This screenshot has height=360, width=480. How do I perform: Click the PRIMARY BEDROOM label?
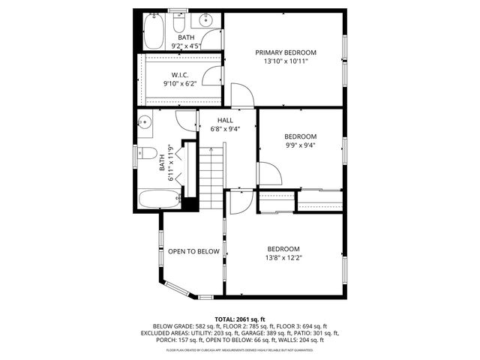(x=285, y=52)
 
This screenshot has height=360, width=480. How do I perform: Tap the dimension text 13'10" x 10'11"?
(x=285, y=61)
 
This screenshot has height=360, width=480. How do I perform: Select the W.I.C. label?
(x=179, y=74)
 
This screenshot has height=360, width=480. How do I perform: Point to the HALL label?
(x=225, y=120)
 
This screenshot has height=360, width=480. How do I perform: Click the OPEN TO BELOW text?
(x=193, y=252)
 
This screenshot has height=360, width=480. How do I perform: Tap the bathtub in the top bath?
(x=153, y=31)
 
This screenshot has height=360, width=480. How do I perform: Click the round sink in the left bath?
(x=146, y=121)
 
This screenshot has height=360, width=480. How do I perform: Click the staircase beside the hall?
(x=212, y=172)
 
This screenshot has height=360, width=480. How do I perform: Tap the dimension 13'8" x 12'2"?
(x=283, y=258)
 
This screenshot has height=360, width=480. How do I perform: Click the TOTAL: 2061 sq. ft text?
(x=240, y=319)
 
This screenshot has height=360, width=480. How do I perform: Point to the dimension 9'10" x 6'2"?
(x=179, y=83)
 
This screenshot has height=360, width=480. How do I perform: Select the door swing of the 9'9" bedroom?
(x=270, y=174)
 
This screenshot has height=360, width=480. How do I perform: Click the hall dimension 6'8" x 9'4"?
(x=225, y=129)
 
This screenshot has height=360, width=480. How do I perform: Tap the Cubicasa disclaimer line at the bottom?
(x=240, y=349)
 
